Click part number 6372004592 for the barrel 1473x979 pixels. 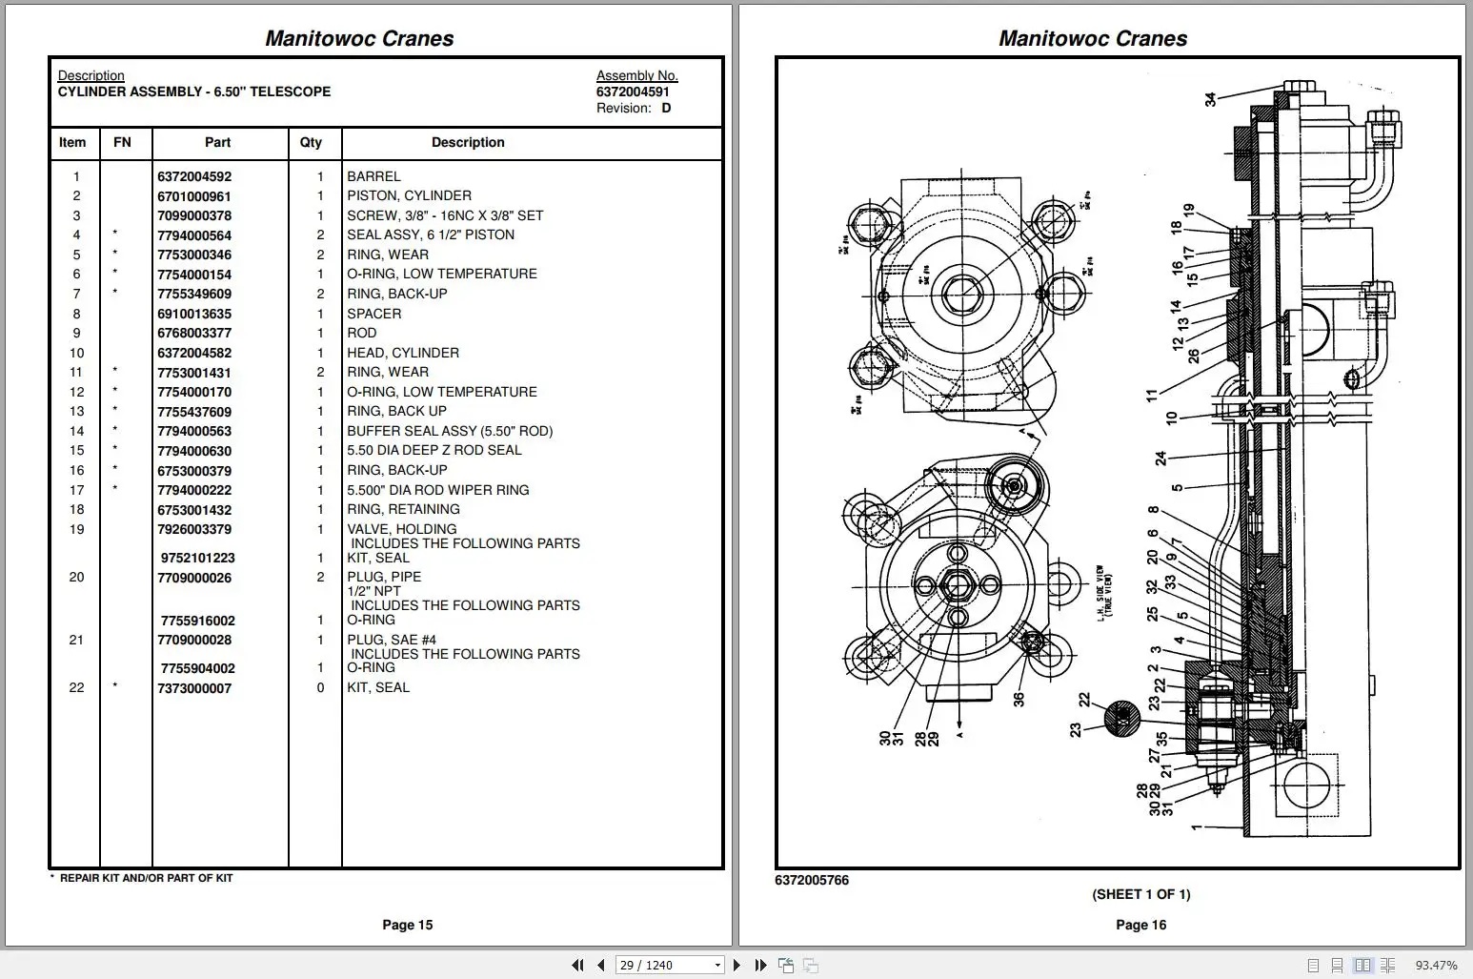click(x=194, y=176)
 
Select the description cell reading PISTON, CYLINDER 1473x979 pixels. click(x=409, y=195)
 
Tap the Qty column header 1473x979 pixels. click(x=311, y=142)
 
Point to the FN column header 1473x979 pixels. click(x=122, y=142)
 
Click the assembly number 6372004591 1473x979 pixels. click(x=633, y=92)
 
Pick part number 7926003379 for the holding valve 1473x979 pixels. click(x=194, y=529)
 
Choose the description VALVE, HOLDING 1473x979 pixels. click(x=401, y=529)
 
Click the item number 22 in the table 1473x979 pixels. click(x=76, y=687)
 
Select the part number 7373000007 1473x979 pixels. click(x=194, y=688)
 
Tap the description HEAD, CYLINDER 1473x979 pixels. click(x=402, y=353)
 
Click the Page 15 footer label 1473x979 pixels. click(x=407, y=925)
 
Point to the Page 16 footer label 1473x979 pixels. click(x=1140, y=925)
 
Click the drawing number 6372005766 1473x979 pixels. click(x=812, y=880)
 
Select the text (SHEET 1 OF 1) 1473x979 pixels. click(x=1140, y=894)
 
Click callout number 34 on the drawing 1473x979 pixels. click(x=1210, y=99)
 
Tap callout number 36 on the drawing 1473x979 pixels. click(x=1019, y=699)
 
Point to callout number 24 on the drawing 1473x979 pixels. click(x=1160, y=459)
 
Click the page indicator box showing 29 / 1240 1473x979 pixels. click(x=669, y=965)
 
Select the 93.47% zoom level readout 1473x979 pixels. click(x=1436, y=965)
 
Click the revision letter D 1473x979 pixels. click(x=666, y=108)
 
